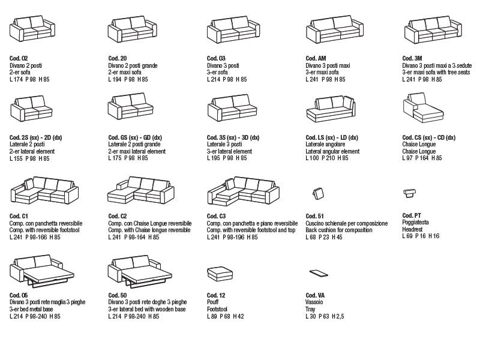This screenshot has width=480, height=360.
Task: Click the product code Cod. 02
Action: click(x=19, y=58)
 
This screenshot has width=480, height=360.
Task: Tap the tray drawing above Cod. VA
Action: click(x=319, y=273)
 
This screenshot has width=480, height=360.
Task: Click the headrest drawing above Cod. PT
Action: click(x=410, y=193)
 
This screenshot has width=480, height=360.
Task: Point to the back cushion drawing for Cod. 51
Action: click(x=318, y=193)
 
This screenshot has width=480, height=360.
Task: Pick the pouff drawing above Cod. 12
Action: click(x=220, y=274)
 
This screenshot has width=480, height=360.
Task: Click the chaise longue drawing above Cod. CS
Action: click(x=423, y=108)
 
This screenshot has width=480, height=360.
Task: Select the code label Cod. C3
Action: click(x=216, y=216)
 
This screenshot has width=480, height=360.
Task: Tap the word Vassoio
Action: click(x=314, y=302)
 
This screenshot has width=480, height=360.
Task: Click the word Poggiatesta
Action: click(x=415, y=222)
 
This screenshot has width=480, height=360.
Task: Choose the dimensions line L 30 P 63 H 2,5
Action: click(x=325, y=316)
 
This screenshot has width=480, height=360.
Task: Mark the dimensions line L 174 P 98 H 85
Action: click(x=29, y=79)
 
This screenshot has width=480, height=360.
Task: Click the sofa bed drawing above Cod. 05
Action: click(x=42, y=271)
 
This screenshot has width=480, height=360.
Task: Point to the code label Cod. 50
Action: click(x=118, y=295)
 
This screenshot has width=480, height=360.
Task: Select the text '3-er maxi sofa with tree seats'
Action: click(x=436, y=72)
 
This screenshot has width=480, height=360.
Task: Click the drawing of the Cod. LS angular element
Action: click(x=331, y=109)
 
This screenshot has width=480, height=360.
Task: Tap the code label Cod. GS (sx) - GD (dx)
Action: click(x=135, y=138)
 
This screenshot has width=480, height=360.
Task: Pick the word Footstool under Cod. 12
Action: click(x=217, y=309)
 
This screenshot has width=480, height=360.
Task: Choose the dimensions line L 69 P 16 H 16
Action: click(x=421, y=236)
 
